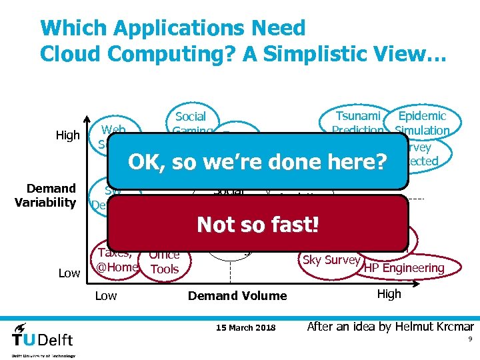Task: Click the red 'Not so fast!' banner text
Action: [258, 225]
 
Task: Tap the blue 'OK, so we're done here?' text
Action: [257, 162]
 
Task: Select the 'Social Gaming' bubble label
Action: [191, 122]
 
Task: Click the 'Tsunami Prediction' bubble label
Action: [359, 123]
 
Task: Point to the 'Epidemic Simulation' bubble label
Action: [421, 123]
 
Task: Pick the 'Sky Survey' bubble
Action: [331, 260]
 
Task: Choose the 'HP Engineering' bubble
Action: [404, 267]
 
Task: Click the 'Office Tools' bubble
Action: [164, 261]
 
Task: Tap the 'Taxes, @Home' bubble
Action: [117, 260]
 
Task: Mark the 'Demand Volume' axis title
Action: [237, 295]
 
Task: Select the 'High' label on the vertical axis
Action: [67, 136]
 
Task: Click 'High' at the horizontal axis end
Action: [389, 294]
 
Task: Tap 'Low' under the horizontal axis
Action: [105, 295]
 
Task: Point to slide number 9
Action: [469, 339]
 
